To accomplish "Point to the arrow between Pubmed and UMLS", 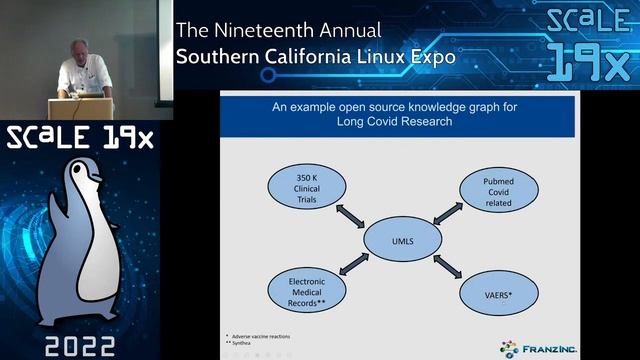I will [x=441, y=214].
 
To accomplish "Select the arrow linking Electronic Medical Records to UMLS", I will [x=352, y=264].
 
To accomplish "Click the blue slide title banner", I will [x=397, y=114].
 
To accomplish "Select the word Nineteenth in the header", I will [x=268, y=30].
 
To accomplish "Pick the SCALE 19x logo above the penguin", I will [x=80, y=136].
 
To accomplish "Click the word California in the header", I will [x=299, y=57].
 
